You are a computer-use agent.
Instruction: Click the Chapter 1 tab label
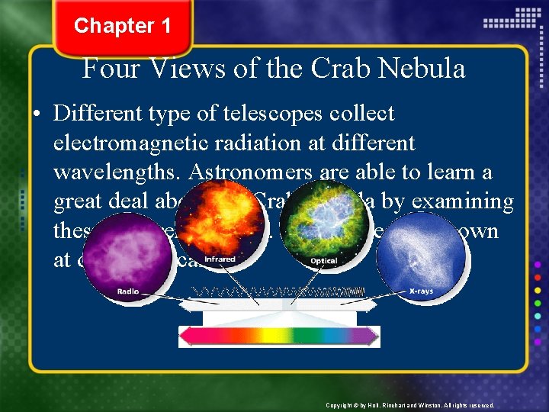tap(122, 26)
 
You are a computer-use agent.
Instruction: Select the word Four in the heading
tap(111, 69)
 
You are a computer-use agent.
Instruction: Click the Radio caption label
tap(128, 291)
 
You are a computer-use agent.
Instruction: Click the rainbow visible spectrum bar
tap(279, 336)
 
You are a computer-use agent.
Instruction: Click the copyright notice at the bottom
tap(409, 405)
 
